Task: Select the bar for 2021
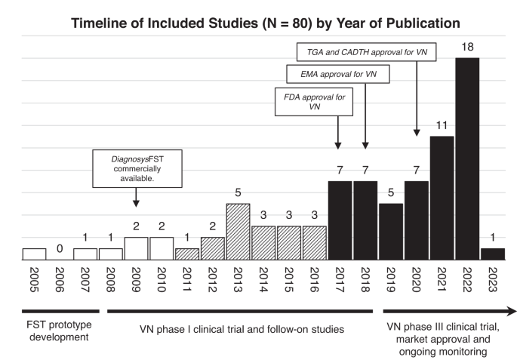(x=442, y=198)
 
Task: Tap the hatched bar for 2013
(x=238, y=232)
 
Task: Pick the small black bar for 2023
(x=493, y=254)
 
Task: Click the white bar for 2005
(x=34, y=254)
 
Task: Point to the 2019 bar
(x=390, y=232)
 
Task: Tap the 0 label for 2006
(x=60, y=247)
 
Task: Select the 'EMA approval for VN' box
(x=334, y=75)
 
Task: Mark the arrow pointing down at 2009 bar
(x=136, y=198)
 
